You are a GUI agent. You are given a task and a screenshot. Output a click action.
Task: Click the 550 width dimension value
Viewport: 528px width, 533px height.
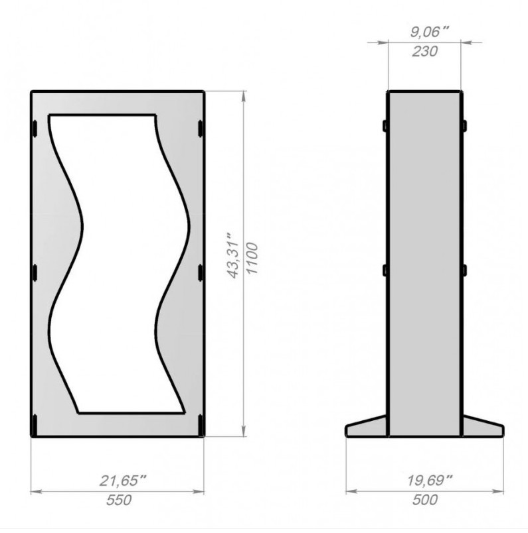[119, 500]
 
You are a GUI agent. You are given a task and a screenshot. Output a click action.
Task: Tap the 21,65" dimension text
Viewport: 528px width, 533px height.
[122, 481]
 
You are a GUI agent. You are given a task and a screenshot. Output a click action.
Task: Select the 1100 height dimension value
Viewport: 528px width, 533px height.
[252, 258]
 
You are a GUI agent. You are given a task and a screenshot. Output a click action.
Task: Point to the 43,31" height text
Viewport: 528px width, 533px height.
[233, 256]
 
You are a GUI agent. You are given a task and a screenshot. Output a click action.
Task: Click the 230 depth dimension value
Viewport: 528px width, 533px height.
[424, 51]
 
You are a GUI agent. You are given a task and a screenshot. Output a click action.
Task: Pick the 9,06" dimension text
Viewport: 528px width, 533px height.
[429, 32]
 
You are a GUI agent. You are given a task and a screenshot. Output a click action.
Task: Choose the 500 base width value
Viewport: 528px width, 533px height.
[425, 500]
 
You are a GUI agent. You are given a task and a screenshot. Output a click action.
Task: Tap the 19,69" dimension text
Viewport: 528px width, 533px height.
[430, 481]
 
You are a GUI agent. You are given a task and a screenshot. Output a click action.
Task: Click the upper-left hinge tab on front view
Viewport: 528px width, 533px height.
[34, 129]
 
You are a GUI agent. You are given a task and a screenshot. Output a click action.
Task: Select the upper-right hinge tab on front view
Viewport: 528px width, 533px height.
[201, 129]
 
